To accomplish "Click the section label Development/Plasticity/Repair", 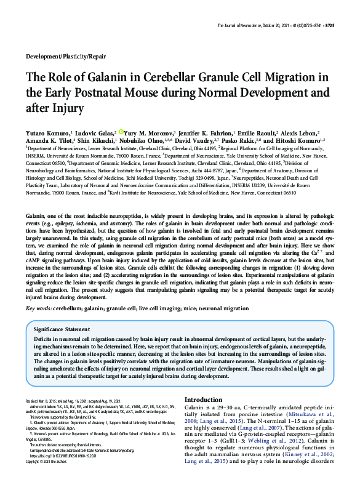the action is tap(66, 56).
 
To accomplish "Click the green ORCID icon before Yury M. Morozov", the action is tap(122, 132).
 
